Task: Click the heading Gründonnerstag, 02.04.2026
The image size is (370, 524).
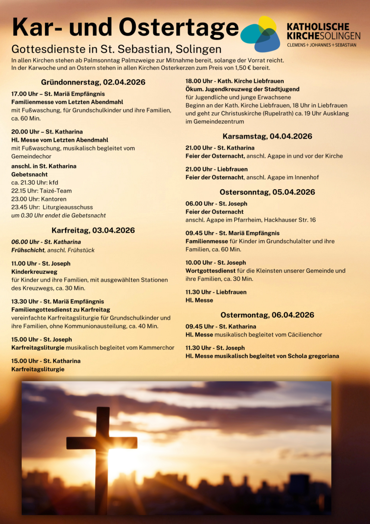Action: click(93, 82)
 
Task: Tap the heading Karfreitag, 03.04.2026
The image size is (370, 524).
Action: click(93, 230)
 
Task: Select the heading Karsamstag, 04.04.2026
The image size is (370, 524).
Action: click(267, 136)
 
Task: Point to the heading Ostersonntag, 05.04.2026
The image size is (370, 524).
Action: click(267, 192)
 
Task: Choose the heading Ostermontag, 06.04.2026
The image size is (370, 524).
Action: click(267, 315)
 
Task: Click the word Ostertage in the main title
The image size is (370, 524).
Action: click(179, 27)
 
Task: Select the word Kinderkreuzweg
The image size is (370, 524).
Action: click(34, 272)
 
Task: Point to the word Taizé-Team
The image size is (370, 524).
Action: click(56, 191)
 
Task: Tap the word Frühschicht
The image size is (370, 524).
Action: click(28, 250)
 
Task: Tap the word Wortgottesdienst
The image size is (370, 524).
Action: click(210, 271)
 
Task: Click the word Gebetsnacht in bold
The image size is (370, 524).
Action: click(29, 174)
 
